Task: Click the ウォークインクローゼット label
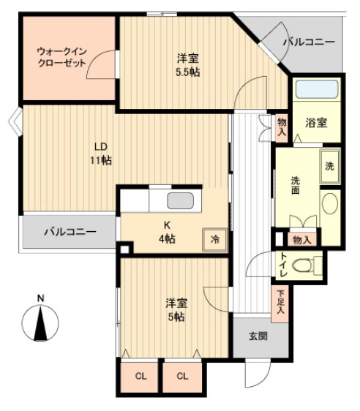point(61,57)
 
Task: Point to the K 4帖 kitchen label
point(168,233)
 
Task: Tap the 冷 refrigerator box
point(214,239)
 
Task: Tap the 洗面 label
point(295,186)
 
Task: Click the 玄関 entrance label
point(258,336)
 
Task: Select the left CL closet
point(140,377)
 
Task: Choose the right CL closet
point(183,377)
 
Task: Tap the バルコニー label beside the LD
point(70,232)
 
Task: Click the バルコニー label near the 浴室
point(310,42)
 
